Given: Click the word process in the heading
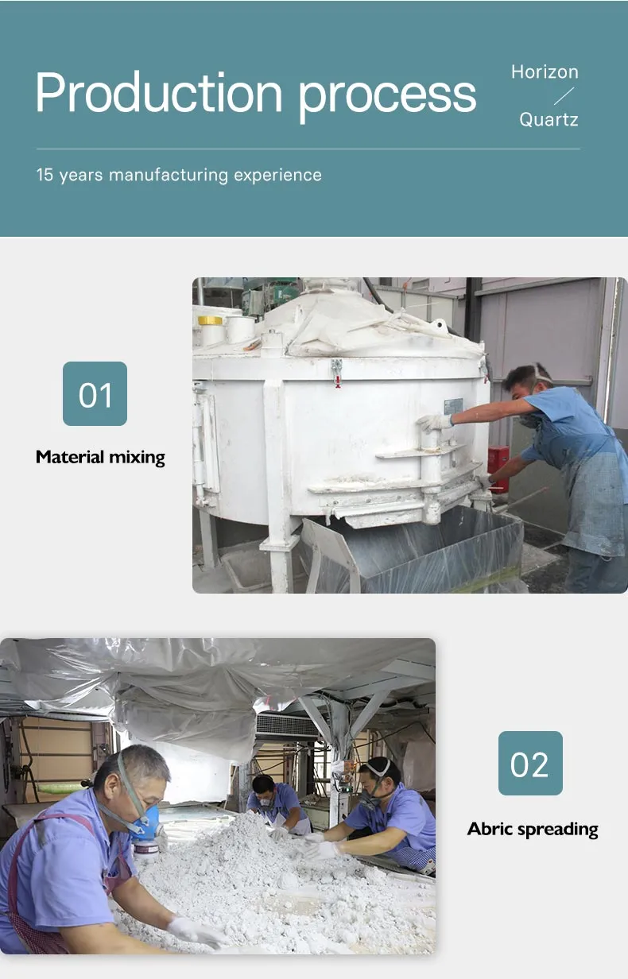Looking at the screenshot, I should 387,95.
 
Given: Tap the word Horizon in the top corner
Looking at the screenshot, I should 545,72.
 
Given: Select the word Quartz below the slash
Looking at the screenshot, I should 549,120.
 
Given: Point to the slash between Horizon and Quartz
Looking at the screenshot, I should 563,96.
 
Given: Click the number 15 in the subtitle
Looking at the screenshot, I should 45,175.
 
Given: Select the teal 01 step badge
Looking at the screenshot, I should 95,393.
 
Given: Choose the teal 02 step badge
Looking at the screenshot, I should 530,763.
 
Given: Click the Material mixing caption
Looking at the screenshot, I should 100,457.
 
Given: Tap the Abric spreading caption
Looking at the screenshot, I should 533,829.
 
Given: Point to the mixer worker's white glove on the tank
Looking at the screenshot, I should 434,422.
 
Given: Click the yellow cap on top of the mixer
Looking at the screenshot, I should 210,320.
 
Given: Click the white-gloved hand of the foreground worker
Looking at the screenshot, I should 195,930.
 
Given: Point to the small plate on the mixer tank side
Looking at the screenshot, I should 453,405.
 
